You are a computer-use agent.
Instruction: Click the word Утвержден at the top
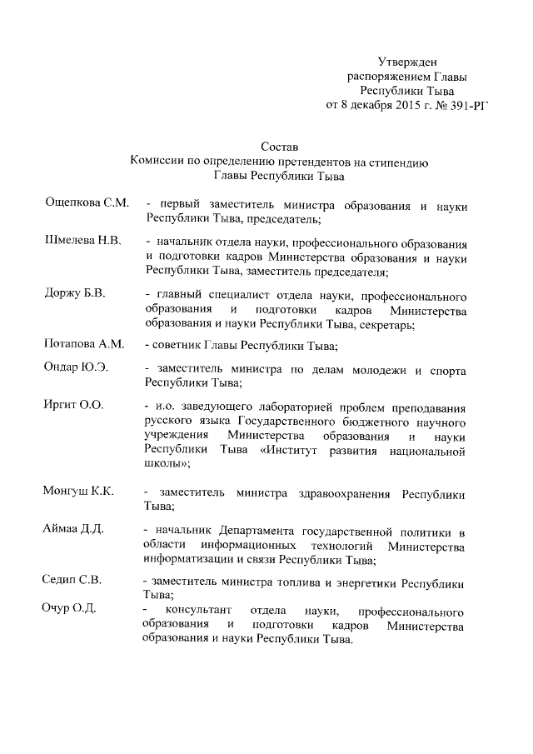pyautogui.click(x=407, y=62)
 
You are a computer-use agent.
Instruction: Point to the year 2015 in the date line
pyautogui.click(x=398, y=105)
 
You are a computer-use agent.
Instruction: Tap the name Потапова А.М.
pyautogui.click(x=83, y=343)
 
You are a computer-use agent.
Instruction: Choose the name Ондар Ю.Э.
pyautogui.click(x=75, y=367)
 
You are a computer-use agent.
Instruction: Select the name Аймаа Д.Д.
pyautogui.click(x=73, y=531)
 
